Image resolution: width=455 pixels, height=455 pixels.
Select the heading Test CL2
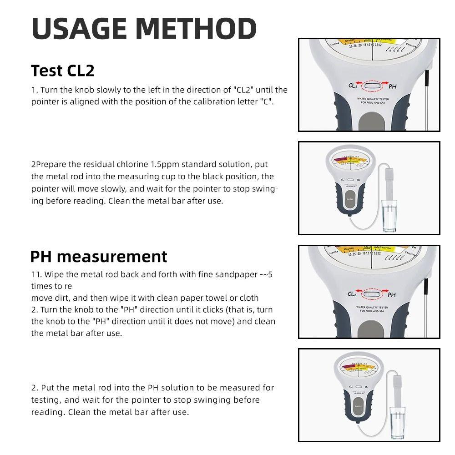[x=63, y=71]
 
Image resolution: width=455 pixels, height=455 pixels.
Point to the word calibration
[x=201, y=101]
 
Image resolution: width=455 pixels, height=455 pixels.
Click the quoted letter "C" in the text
[x=266, y=101]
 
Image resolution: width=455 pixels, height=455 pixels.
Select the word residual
[x=106, y=164]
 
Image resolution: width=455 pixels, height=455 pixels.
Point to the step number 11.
[x=36, y=274]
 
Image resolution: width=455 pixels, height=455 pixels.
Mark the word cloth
[x=247, y=298]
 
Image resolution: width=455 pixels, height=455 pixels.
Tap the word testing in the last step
[x=45, y=400]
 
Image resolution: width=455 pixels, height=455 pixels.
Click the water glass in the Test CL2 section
[x=388, y=217]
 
